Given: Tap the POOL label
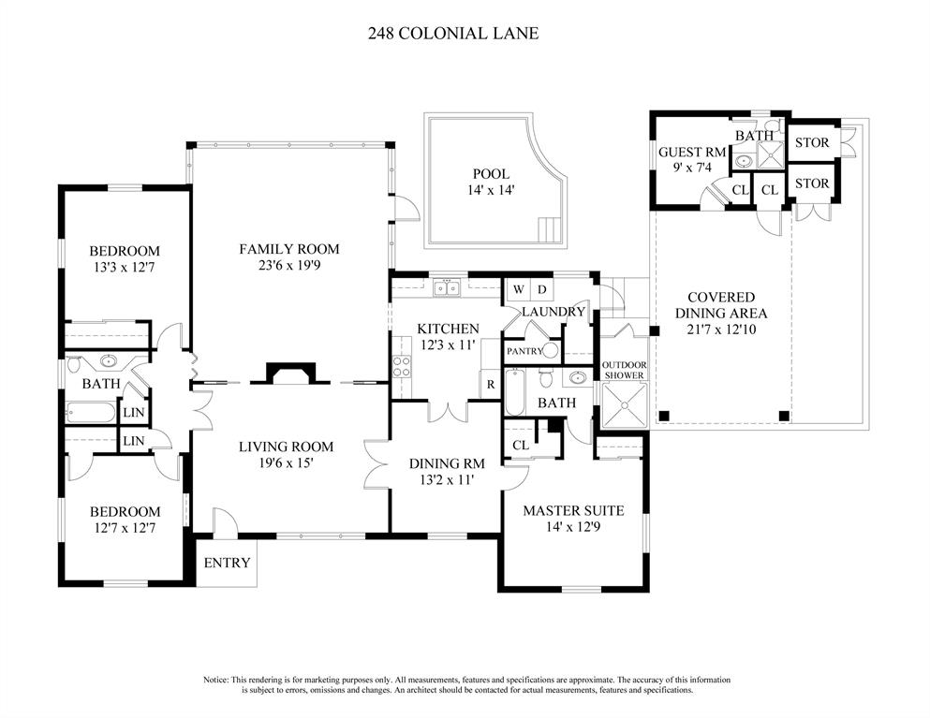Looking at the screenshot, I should [x=491, y=174].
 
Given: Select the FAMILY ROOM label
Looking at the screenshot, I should [x=288, y=249].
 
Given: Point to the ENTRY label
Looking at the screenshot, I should [x=227, y=563].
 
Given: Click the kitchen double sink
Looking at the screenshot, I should [x=447, y=288].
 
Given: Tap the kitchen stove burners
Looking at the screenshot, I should [x=401, y=366].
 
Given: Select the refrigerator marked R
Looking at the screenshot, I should [x=490, y=385].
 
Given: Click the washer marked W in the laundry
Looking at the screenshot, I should [x=517, y=289].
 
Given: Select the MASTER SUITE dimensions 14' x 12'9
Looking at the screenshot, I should [x=572, y=527].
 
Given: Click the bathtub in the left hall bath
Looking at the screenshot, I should [x=91, y=412].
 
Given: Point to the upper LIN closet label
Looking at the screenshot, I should [x=134, y=413].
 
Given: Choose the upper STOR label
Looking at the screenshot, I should [x=811, y=143].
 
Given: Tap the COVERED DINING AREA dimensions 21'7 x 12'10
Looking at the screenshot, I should [x=721, y=330].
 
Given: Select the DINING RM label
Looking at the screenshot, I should [x=446, y=463].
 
